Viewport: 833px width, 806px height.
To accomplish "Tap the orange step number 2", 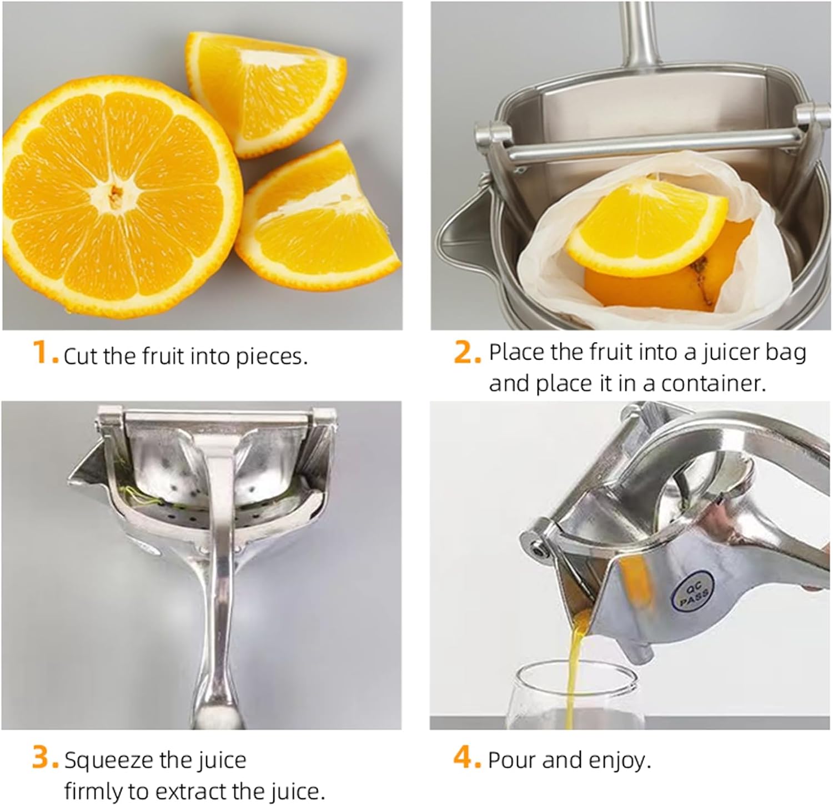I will (x=466, y=353).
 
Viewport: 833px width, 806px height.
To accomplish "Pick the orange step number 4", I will (x=466, y=759).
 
